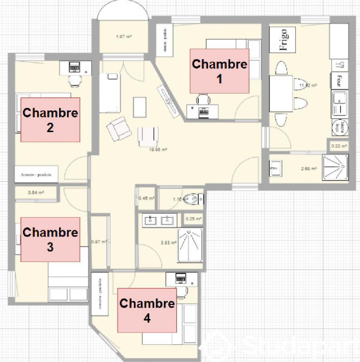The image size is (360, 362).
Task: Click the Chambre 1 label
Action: tap(220, 71)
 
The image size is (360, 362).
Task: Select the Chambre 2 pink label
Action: tap(50, 119)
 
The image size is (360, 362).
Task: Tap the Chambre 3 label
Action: tap(50, 239)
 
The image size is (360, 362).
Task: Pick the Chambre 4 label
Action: tap(147, 310)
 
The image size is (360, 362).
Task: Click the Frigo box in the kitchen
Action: tap(283, 40)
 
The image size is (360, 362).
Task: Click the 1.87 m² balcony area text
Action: tap(120, 37)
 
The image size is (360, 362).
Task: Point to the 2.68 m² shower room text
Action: tap(309, 168)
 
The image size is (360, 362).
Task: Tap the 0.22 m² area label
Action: tap(339, 146)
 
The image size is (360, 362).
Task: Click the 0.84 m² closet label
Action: tap(36, 192)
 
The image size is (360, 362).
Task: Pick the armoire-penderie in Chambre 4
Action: tap(99, 295)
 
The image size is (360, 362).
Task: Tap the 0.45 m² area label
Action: tap(146, 198)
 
